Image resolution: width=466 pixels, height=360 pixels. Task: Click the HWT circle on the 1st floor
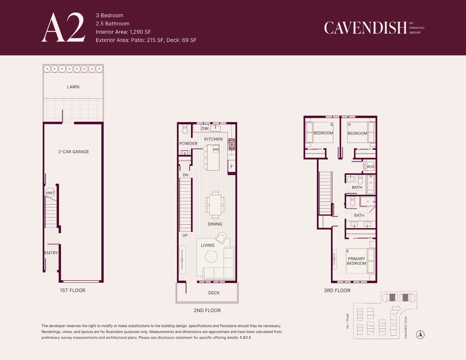(x=50, y=193)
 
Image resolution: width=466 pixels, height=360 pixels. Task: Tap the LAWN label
(x=73, y=87)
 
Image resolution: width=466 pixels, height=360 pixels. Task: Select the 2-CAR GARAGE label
(x=74, y=151)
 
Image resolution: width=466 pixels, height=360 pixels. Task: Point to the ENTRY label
(x=51, y=253)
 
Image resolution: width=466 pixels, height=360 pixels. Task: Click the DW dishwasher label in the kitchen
(x=204, y=129)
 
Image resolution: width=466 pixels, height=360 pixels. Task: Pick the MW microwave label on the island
(x=216, y=149)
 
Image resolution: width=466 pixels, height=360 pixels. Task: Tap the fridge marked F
(x=232, y=166)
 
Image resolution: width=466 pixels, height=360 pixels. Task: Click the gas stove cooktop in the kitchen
(x=232, y=144)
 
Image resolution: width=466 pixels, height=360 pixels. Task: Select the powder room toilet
(x=185, y=129)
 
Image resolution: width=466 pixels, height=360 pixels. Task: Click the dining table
(x=215, y=205)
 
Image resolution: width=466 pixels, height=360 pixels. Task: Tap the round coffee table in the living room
(x=211, y=256)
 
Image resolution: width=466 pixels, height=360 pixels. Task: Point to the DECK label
(x=214, y=293)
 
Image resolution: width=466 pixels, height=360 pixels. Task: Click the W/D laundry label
(x=370, y=166)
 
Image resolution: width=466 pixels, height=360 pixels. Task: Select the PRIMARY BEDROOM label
(x=357, y=261)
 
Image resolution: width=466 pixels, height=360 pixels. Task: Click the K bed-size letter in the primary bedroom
(x=348, y=251)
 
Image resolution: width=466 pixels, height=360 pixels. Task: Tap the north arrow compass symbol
(x=420, y=334)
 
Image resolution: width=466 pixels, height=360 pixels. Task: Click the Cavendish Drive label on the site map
(x=405, y=328)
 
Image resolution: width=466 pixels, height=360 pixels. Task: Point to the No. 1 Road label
(x=347, y=321)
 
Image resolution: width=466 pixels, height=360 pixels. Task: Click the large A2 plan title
(x=63, y=27)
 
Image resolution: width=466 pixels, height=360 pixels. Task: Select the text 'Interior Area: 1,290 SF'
(x=123, y=32)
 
